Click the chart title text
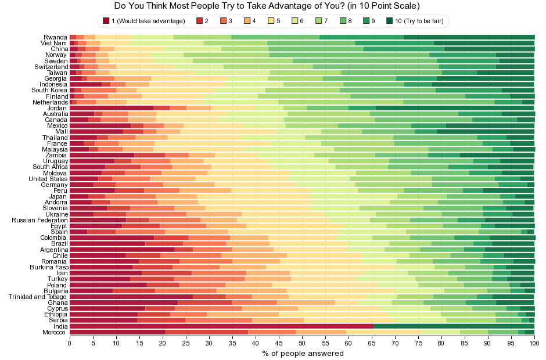click(x=267, y=6)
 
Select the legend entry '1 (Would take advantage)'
click(x=144, y=21)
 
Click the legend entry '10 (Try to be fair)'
click(x=414, y=21)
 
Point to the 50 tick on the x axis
click(x=302, y=343)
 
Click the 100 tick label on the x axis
click(x=534, y=343)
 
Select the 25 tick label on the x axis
click(x=186, y=343)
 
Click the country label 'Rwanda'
click(x=55, y=37)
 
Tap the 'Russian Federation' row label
click(x=39, y=220)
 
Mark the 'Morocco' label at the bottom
click(x=54, y=332)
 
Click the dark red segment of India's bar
click(x=221, y=326)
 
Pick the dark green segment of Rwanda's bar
click(x=469, y=37)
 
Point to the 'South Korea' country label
click(x=49, y=90)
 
